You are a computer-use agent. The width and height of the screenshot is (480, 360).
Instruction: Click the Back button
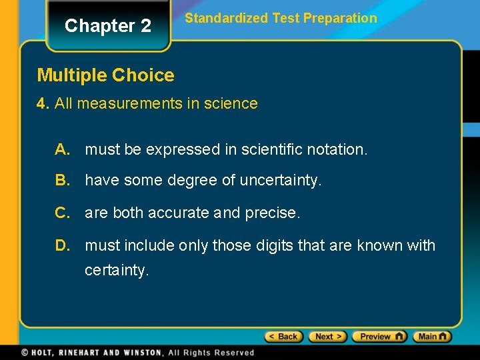click(284, 337)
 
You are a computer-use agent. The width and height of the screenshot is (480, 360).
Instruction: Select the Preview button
click(379, 337)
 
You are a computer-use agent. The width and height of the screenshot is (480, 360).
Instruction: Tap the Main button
click(432, 337)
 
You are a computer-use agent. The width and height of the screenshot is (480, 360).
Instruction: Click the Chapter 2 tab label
click(108, 26)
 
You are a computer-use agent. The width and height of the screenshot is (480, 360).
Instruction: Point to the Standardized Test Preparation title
click(281, 19)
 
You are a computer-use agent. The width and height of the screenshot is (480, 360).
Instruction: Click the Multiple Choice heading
click(105, 75)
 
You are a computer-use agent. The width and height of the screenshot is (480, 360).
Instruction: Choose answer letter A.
click(63, 150)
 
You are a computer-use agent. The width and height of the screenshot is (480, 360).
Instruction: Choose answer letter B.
click(63, 181)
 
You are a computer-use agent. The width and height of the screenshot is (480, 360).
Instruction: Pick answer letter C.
click(63, 213)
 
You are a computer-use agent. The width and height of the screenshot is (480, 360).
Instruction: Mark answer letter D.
click(63, 246)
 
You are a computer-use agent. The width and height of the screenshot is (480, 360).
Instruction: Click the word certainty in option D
click(117, 271)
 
